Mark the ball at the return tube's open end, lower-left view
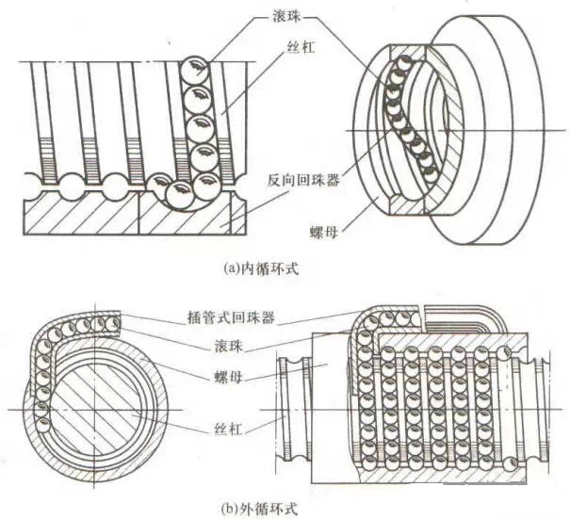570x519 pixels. (x=113, y=325)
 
